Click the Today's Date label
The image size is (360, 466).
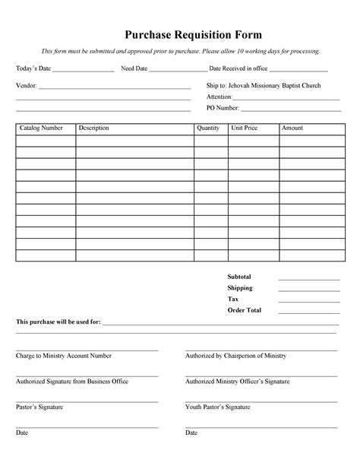pyautogui.click(x=33, y=69)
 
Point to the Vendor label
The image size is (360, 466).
pyautogui.click(x=27, y=86)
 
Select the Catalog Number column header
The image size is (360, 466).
pyautogui.click(x=41, y=128)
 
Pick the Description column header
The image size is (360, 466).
pyautogui.click(x=94, y=128)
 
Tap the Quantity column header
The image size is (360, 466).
pyautogui.click(x=208, y=128)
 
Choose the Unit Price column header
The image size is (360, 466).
pyautogui.click(x=245, y=128)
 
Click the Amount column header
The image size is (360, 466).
pyautogui.click(x=292, y=128)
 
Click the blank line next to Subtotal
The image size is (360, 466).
pyautogui.click(x=308, y=279)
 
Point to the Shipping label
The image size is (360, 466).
pyautogui.click(x=240, y=288)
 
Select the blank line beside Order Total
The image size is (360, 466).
pyautogui.click(x=308, y=312)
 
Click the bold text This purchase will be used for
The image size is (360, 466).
pyautogui.click(x=58, y=322)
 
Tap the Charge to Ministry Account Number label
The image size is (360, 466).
pyautogui.click(x=64, y=355)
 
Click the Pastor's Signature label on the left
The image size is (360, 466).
pyautogui.click(x=39, y=407)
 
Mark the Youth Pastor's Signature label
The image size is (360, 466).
pyautogui.click(x=218, y=407)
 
